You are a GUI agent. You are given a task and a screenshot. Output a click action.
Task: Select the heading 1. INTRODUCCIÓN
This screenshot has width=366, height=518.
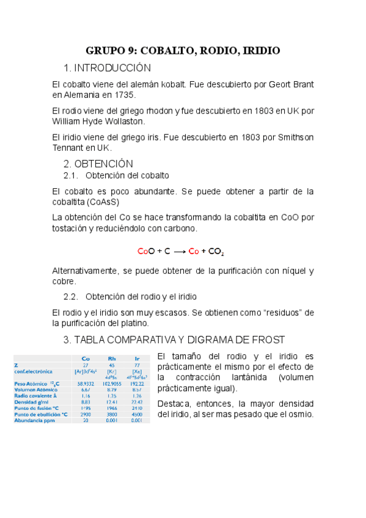[x=107, y=67]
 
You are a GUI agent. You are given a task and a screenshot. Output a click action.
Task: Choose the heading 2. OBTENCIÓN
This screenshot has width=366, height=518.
[x=98, y=164]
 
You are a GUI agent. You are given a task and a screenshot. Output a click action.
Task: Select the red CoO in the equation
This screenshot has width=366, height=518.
[x=147, y=251]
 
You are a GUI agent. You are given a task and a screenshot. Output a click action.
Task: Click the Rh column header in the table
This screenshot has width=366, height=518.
[x=112, y=359]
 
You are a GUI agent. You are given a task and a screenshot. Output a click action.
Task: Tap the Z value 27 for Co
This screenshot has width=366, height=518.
[x=86, y=365]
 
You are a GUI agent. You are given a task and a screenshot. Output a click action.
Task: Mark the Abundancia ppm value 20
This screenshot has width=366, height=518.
[x=86, y=420]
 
